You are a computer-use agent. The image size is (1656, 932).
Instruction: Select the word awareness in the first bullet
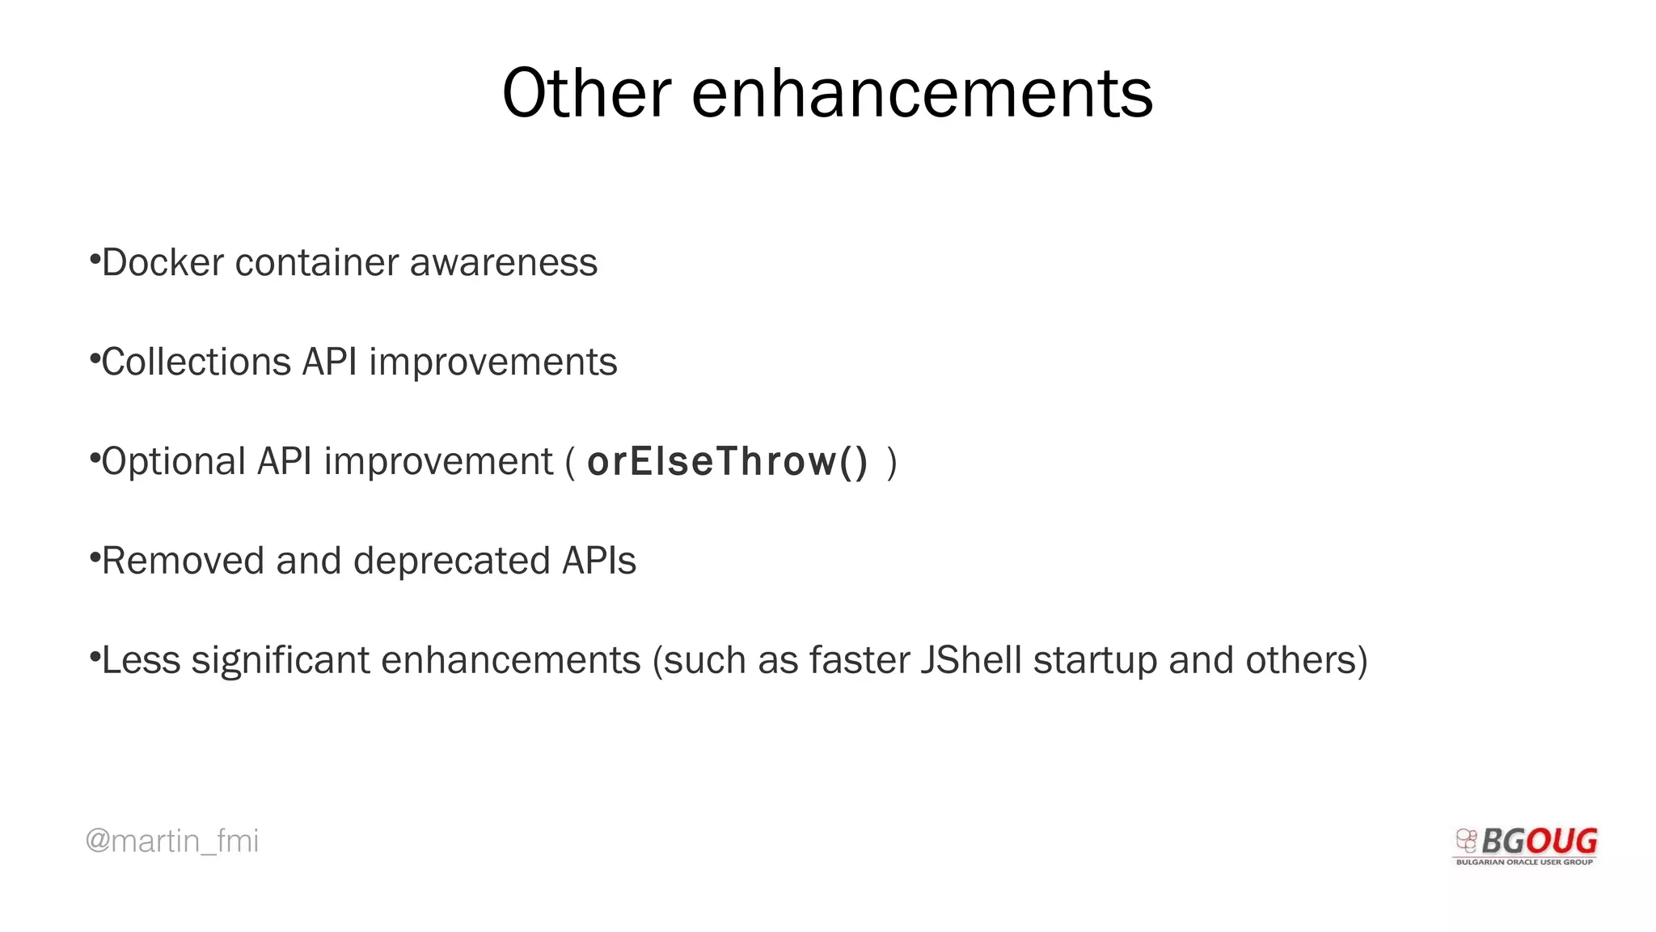point(503,262)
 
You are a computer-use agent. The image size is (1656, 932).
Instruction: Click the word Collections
point(196,362)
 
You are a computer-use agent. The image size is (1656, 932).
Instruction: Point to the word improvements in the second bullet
point(492,362)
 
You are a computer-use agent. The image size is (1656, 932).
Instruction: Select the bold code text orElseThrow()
point(727,461)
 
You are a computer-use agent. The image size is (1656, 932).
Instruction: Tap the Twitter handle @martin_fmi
point(171,841)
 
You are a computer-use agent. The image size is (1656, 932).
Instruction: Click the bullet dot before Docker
point(95,260)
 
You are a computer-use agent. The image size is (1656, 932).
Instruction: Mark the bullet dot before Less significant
point(95,657)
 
